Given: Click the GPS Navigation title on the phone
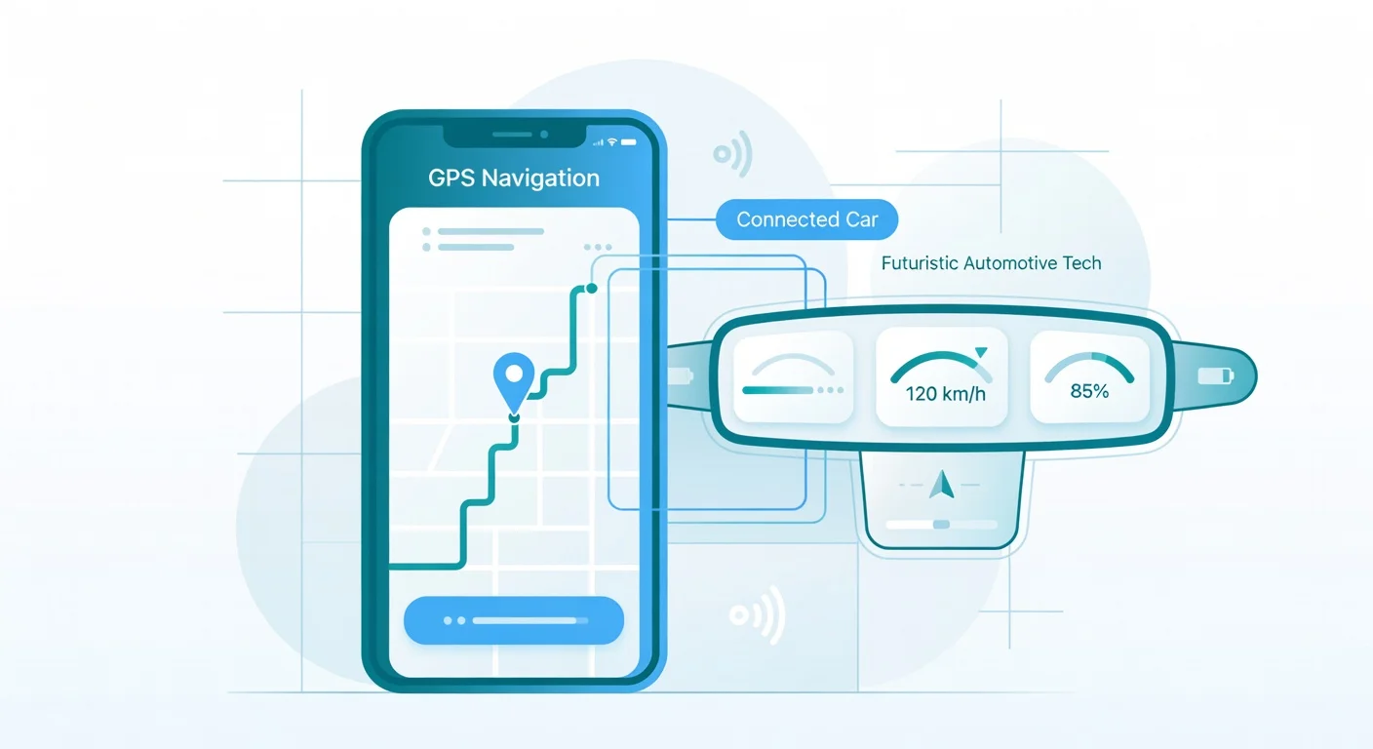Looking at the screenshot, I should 513,178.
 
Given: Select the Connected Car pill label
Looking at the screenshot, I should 806,220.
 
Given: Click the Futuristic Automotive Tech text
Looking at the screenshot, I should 991,263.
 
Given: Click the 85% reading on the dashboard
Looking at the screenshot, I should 1089,391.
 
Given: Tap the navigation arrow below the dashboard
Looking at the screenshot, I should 941,485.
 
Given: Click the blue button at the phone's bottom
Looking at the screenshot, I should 513,620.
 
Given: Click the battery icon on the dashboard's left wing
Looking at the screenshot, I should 680,375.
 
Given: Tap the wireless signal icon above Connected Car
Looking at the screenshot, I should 732,153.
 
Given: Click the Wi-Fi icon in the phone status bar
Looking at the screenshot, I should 612,142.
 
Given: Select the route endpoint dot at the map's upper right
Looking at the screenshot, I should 590,289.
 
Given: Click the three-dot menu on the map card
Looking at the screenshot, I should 596,248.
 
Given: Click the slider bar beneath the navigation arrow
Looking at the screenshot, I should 941,524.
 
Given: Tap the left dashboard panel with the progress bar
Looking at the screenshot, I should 792,377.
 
